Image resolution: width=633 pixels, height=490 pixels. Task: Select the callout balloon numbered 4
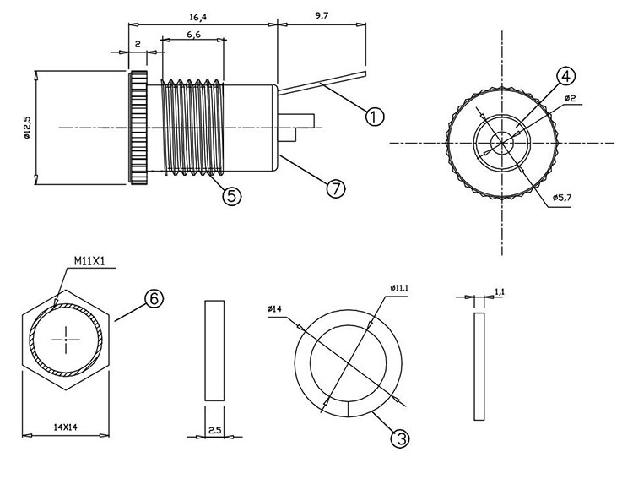click(x=565, y=76)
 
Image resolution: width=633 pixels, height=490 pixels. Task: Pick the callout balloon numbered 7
click(x=336, y=188)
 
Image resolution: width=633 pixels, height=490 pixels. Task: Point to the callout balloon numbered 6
click(x=154, y=299)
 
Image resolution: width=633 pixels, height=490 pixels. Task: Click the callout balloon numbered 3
click(x=400, y=438)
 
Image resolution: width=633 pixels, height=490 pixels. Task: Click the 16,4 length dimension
click(x=199, y=16)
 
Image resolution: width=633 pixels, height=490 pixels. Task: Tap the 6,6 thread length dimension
click(x=192, y=34)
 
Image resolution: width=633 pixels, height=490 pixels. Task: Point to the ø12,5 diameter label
click(x=28, y=127)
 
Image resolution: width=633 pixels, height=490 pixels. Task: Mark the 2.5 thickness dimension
click(x=215, y=431)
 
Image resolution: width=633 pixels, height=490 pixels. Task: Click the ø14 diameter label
click(x=274, y=309)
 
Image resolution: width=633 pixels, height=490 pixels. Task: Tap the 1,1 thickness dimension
click(x=499, y=291)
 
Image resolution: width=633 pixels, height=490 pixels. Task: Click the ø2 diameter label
click(x=570, y=99)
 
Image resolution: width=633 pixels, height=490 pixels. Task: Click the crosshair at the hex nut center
click(x=65, y=340)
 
